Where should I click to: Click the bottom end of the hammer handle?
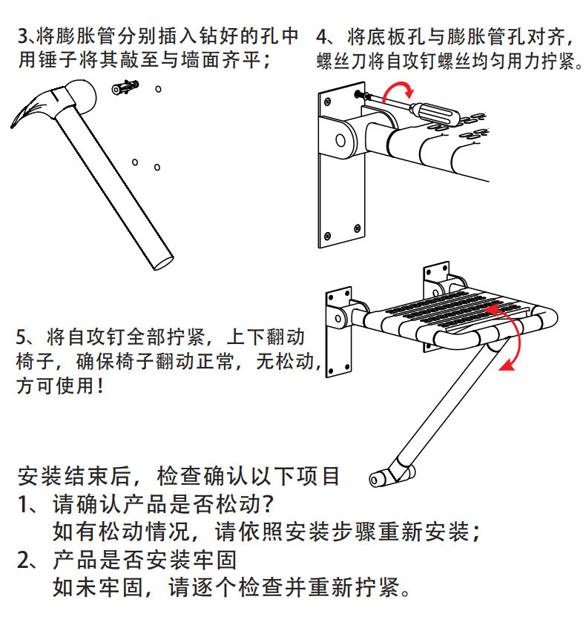coord(163,262)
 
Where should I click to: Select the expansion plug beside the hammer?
coord(125,87)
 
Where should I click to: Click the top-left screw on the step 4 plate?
coord(328,102)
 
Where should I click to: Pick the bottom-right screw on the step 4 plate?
coord(358,228)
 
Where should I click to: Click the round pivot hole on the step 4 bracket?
coord(340,140)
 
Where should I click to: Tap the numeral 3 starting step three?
coord(23,36)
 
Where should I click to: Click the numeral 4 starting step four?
coord(323,36)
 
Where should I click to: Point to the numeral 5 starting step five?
coord(22,337)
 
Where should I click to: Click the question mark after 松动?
coord(268,504)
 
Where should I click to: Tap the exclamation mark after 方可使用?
coord(99,386)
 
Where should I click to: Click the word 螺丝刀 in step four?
coord(342,61)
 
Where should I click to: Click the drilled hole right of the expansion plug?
coord(158,89)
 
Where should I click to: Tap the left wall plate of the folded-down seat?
coord(338,332)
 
